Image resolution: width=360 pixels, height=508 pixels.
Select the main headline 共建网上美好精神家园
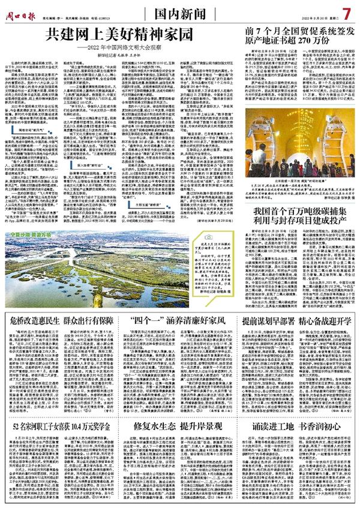pos(121,35)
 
